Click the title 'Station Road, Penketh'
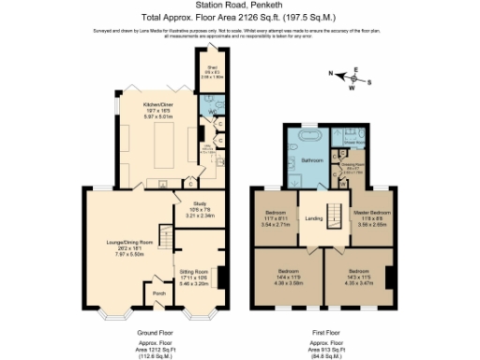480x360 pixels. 239,7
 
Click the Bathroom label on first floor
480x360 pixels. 311,160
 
